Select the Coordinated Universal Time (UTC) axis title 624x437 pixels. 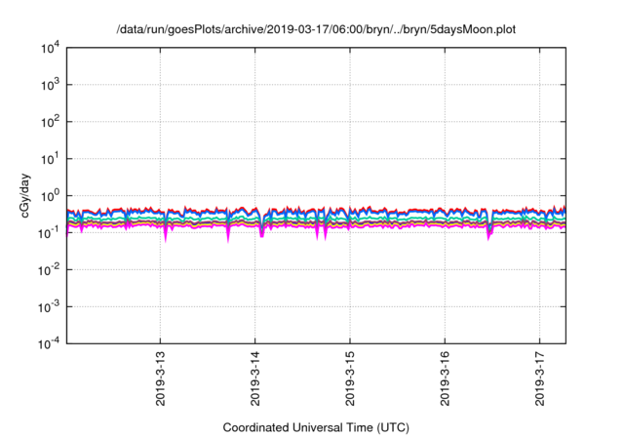[315, 427]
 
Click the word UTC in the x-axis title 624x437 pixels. [392, 427]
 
